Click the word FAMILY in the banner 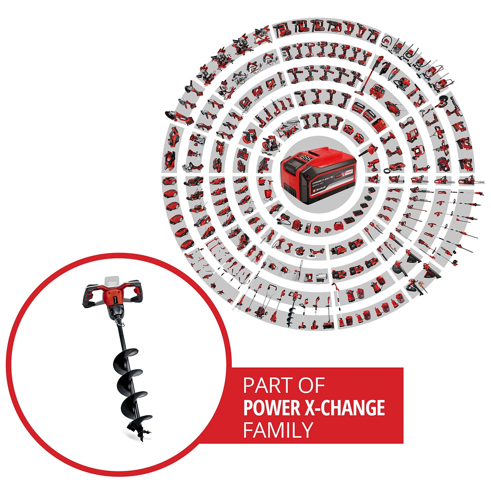coord(278,430)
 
